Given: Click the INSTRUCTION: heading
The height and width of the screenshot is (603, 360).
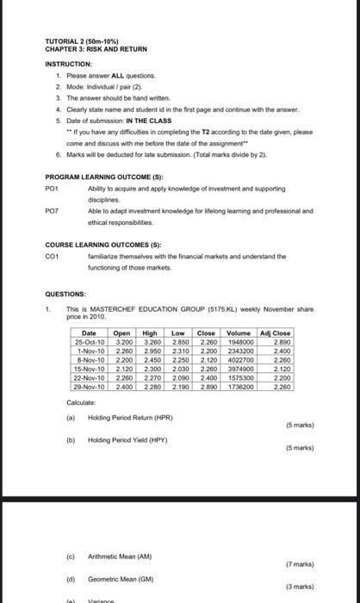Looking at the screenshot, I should [x=69, y=63].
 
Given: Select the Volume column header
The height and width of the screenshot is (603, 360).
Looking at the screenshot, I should [x=239, y=333].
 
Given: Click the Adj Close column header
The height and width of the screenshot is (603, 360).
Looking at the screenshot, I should [x=276, y=333].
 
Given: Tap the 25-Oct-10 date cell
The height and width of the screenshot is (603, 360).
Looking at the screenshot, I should [x=90, y=342].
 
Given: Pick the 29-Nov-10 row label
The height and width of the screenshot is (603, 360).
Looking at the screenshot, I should [x=90, y=387].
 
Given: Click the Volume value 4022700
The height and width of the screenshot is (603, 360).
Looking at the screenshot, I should [x=239, y=360].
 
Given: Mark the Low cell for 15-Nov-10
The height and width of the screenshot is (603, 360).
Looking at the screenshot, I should [x=178, y=369].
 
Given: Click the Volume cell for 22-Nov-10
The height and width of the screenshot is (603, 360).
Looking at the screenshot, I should [x=239, y=378].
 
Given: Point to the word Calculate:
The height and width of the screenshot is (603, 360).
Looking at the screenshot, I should [x=82, y=402].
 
